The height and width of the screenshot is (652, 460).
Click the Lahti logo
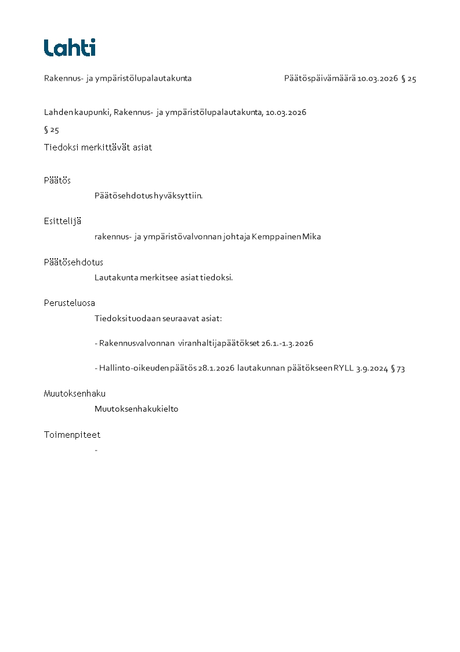(70, 48)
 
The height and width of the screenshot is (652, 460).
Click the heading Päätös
(57, 181)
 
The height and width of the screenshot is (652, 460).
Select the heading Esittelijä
(62, 221)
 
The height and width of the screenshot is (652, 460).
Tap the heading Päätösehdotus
(73, 262)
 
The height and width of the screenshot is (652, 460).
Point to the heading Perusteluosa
(69, 303)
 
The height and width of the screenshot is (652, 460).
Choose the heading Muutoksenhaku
(74, 394)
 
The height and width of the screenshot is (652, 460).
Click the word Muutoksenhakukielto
(136, 409)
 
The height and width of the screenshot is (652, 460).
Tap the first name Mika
(312, 237)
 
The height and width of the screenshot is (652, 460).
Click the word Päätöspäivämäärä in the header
(320, 78)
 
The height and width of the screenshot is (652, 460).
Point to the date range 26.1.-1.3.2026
(287, 344)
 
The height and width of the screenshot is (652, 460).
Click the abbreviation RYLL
(343, 368)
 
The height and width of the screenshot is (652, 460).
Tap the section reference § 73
(398, 368)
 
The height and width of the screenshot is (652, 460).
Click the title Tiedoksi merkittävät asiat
(98, 147)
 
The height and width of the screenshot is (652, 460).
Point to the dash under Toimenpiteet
(96, 450)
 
